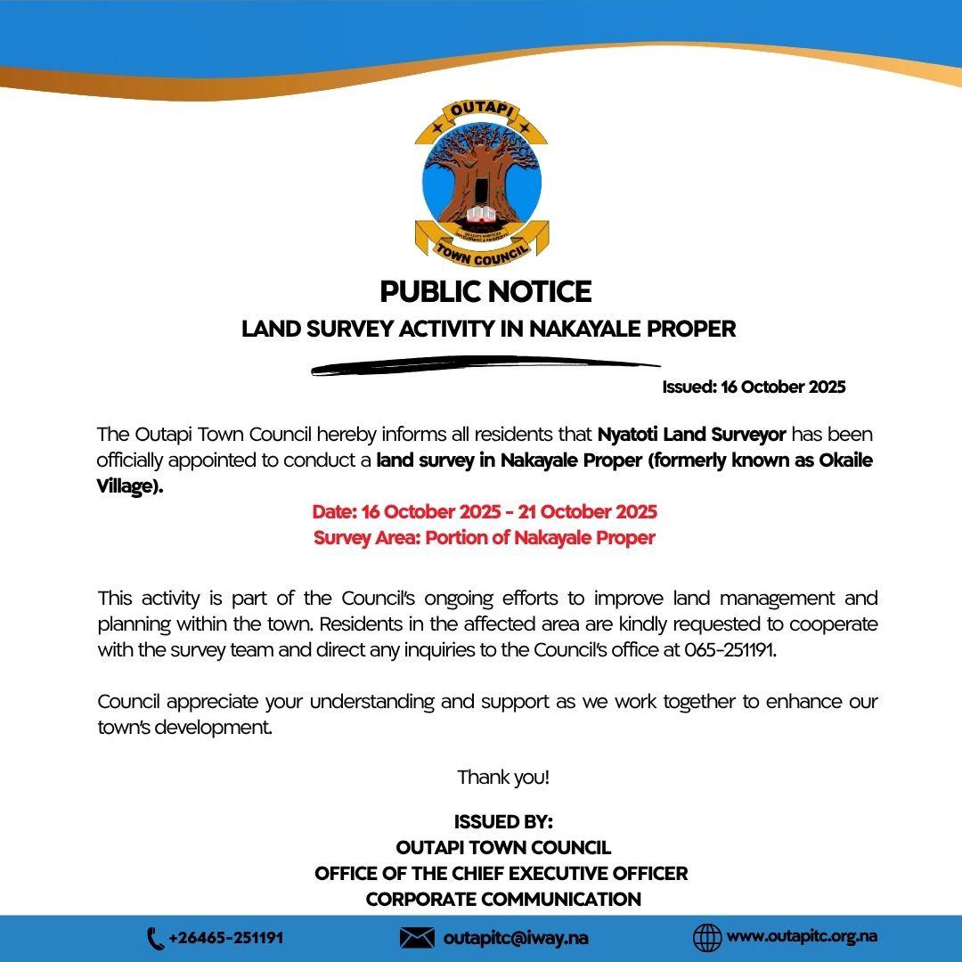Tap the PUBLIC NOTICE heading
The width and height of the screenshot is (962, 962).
(485, 291)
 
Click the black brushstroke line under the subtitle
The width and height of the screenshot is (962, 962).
(485, 366)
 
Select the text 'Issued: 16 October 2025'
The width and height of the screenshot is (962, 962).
(754, 387)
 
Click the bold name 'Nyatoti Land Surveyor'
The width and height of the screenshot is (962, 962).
(691, 435)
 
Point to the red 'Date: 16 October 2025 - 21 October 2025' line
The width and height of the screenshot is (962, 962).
(485, 512)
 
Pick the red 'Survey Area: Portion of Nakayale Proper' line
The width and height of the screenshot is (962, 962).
(485, 538)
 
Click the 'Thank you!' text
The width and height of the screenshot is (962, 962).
(503, 777)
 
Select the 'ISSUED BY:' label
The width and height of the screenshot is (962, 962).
(503, 821)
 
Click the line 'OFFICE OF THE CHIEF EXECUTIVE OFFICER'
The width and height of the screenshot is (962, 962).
(501, 873)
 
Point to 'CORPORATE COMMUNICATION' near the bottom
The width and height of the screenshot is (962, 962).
(503, 899)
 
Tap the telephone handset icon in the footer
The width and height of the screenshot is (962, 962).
(155, 938)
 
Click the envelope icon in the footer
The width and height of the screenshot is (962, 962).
(417, 938)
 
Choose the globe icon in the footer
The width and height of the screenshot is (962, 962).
(706, 938)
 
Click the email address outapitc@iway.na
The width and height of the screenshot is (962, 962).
(516, 938)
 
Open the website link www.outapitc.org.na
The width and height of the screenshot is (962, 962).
(802, 937)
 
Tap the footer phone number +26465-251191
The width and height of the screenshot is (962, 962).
(225, 938)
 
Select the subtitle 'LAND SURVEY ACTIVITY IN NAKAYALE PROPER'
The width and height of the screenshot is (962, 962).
(489, 329)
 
